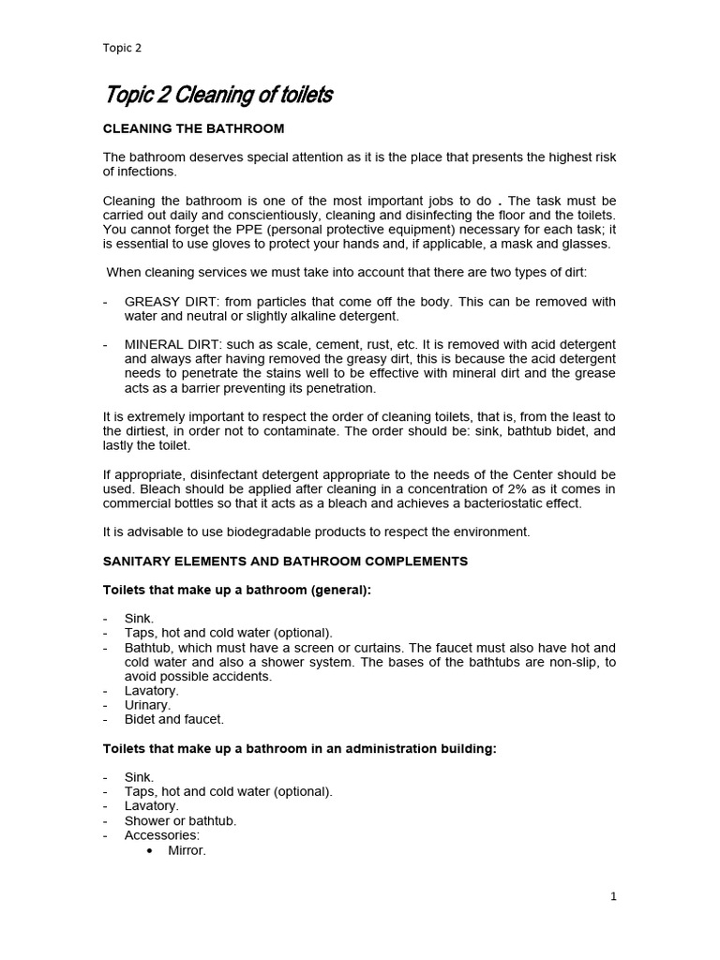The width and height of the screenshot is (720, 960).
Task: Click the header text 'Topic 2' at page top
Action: point(123,48)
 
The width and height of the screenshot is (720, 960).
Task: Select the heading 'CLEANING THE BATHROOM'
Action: point(193,127)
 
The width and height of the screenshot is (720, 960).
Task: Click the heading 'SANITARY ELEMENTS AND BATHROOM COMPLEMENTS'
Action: point(285,561)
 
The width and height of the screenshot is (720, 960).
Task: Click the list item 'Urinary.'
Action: point(148,705)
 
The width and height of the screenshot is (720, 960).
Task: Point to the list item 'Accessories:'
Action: point(162,834)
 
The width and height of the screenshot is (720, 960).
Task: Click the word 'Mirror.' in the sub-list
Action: point(187,850)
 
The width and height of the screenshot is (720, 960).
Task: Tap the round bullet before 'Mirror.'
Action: point(150,850)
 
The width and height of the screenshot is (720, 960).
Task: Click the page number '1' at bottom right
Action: point(613,896)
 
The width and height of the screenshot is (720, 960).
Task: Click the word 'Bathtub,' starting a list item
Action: point(151,648)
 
